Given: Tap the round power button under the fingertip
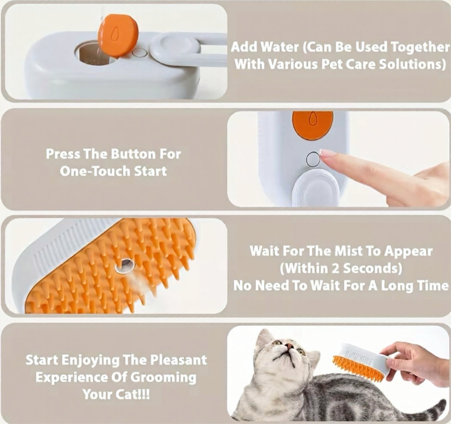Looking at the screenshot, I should [313, 160].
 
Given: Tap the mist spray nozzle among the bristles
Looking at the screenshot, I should [125, 265].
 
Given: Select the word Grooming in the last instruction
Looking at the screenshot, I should [163, 377].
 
